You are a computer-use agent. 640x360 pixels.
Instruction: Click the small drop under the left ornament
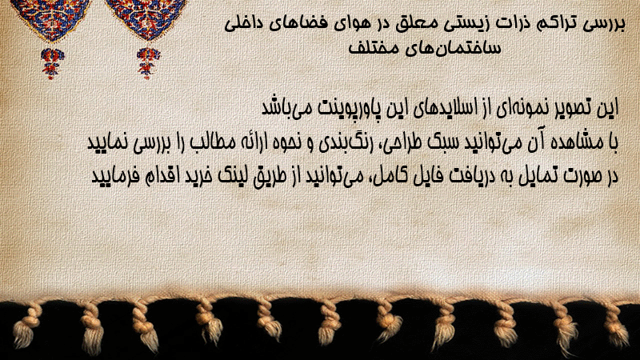(52, 63)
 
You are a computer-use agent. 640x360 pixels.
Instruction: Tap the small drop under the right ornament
(148, 63)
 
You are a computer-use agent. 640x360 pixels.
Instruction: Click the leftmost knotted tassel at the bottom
(27, 326)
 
